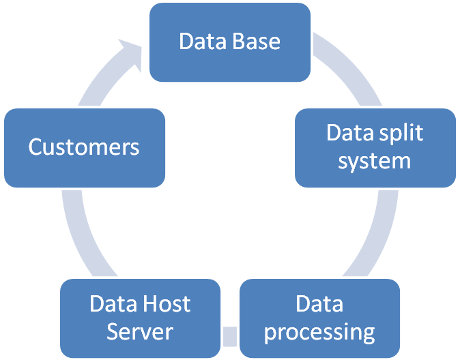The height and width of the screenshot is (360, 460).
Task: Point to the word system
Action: [x=375, y=161]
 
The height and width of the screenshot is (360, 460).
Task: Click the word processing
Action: [x=319, y=332]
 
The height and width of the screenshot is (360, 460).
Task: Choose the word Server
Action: [x=140, y=332]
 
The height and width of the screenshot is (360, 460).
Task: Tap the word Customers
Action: [x=84, y=147]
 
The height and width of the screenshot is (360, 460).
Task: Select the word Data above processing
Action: [x=319, y=303]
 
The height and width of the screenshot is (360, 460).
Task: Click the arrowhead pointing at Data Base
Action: [x=131, y=53]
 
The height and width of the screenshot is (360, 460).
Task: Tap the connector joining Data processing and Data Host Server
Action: [x=231, y=335]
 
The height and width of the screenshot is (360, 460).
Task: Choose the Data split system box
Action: [x=375, y=147]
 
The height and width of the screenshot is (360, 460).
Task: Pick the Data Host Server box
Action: [x=140, y=318]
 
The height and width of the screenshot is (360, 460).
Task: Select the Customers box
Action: [x=84, y=147]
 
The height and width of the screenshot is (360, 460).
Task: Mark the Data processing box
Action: [x=319, y=318]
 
